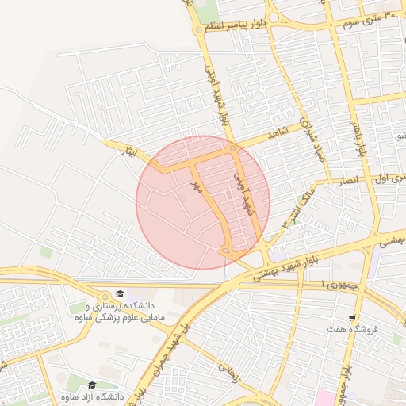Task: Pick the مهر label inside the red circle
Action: point(197,187)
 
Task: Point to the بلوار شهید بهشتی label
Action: point(286,270)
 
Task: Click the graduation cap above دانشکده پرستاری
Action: point(119,293)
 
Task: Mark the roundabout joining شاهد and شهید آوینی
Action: point(232,148)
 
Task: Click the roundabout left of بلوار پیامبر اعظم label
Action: point(198,29)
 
